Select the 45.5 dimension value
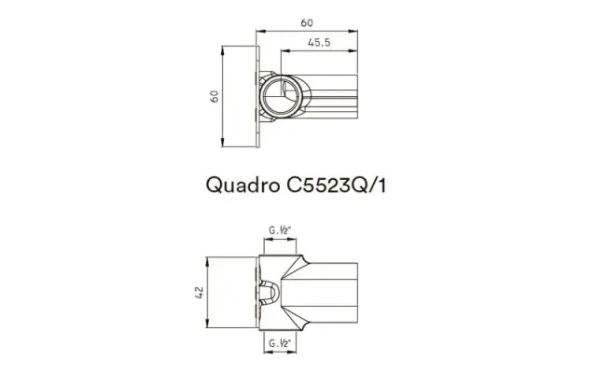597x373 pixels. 322,42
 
